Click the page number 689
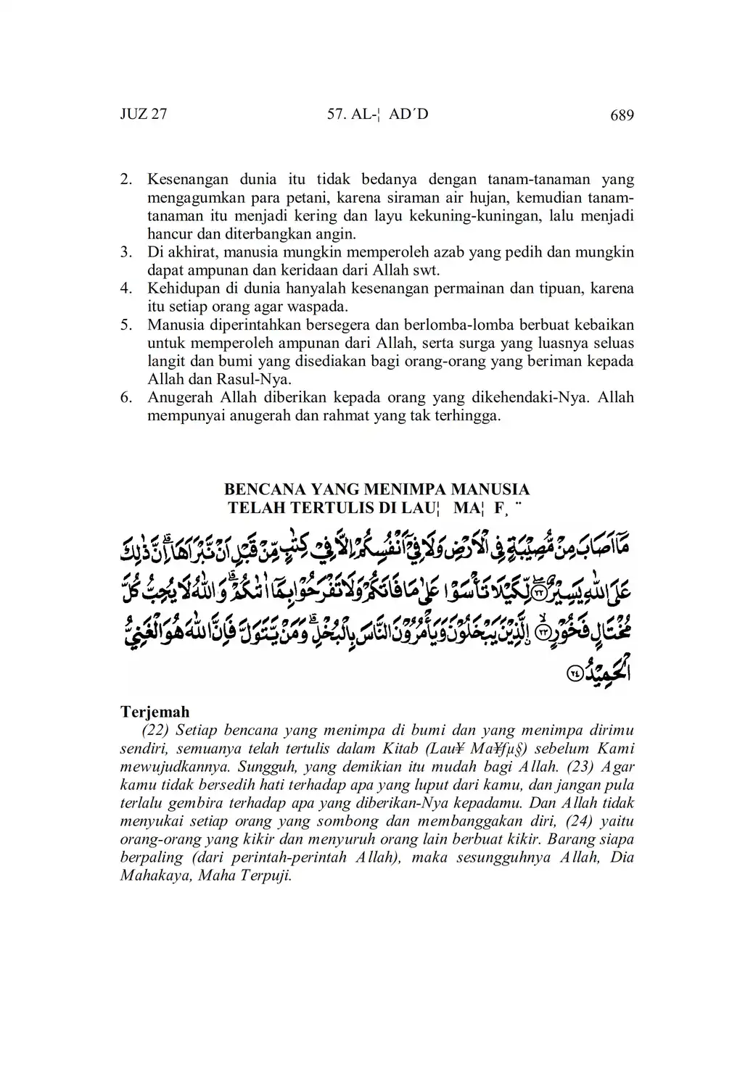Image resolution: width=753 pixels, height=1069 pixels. (622, 115)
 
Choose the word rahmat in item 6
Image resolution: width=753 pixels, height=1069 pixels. (347, 416)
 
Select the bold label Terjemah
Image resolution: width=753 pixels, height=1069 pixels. (155, 712)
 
